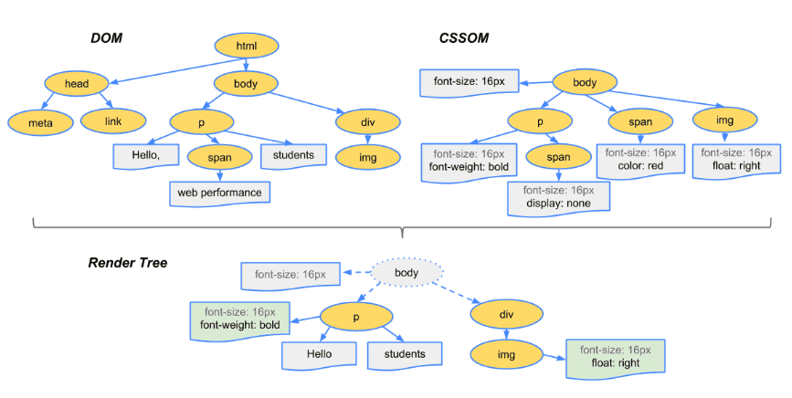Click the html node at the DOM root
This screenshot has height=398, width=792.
tap(247, 46)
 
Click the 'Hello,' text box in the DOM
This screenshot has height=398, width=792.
tap(145, 155)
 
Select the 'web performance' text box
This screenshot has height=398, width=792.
tap(219, 193)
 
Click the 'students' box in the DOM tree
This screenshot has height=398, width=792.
tap(293, 155)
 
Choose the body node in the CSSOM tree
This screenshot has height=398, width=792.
tap(585, 83)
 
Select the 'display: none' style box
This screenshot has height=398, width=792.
tap(557, 197)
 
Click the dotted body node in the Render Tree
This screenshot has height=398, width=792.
tap(406, 272)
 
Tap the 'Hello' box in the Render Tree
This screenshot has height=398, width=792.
tap(319, 355)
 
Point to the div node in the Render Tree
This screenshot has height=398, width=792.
tap(505, 316)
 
